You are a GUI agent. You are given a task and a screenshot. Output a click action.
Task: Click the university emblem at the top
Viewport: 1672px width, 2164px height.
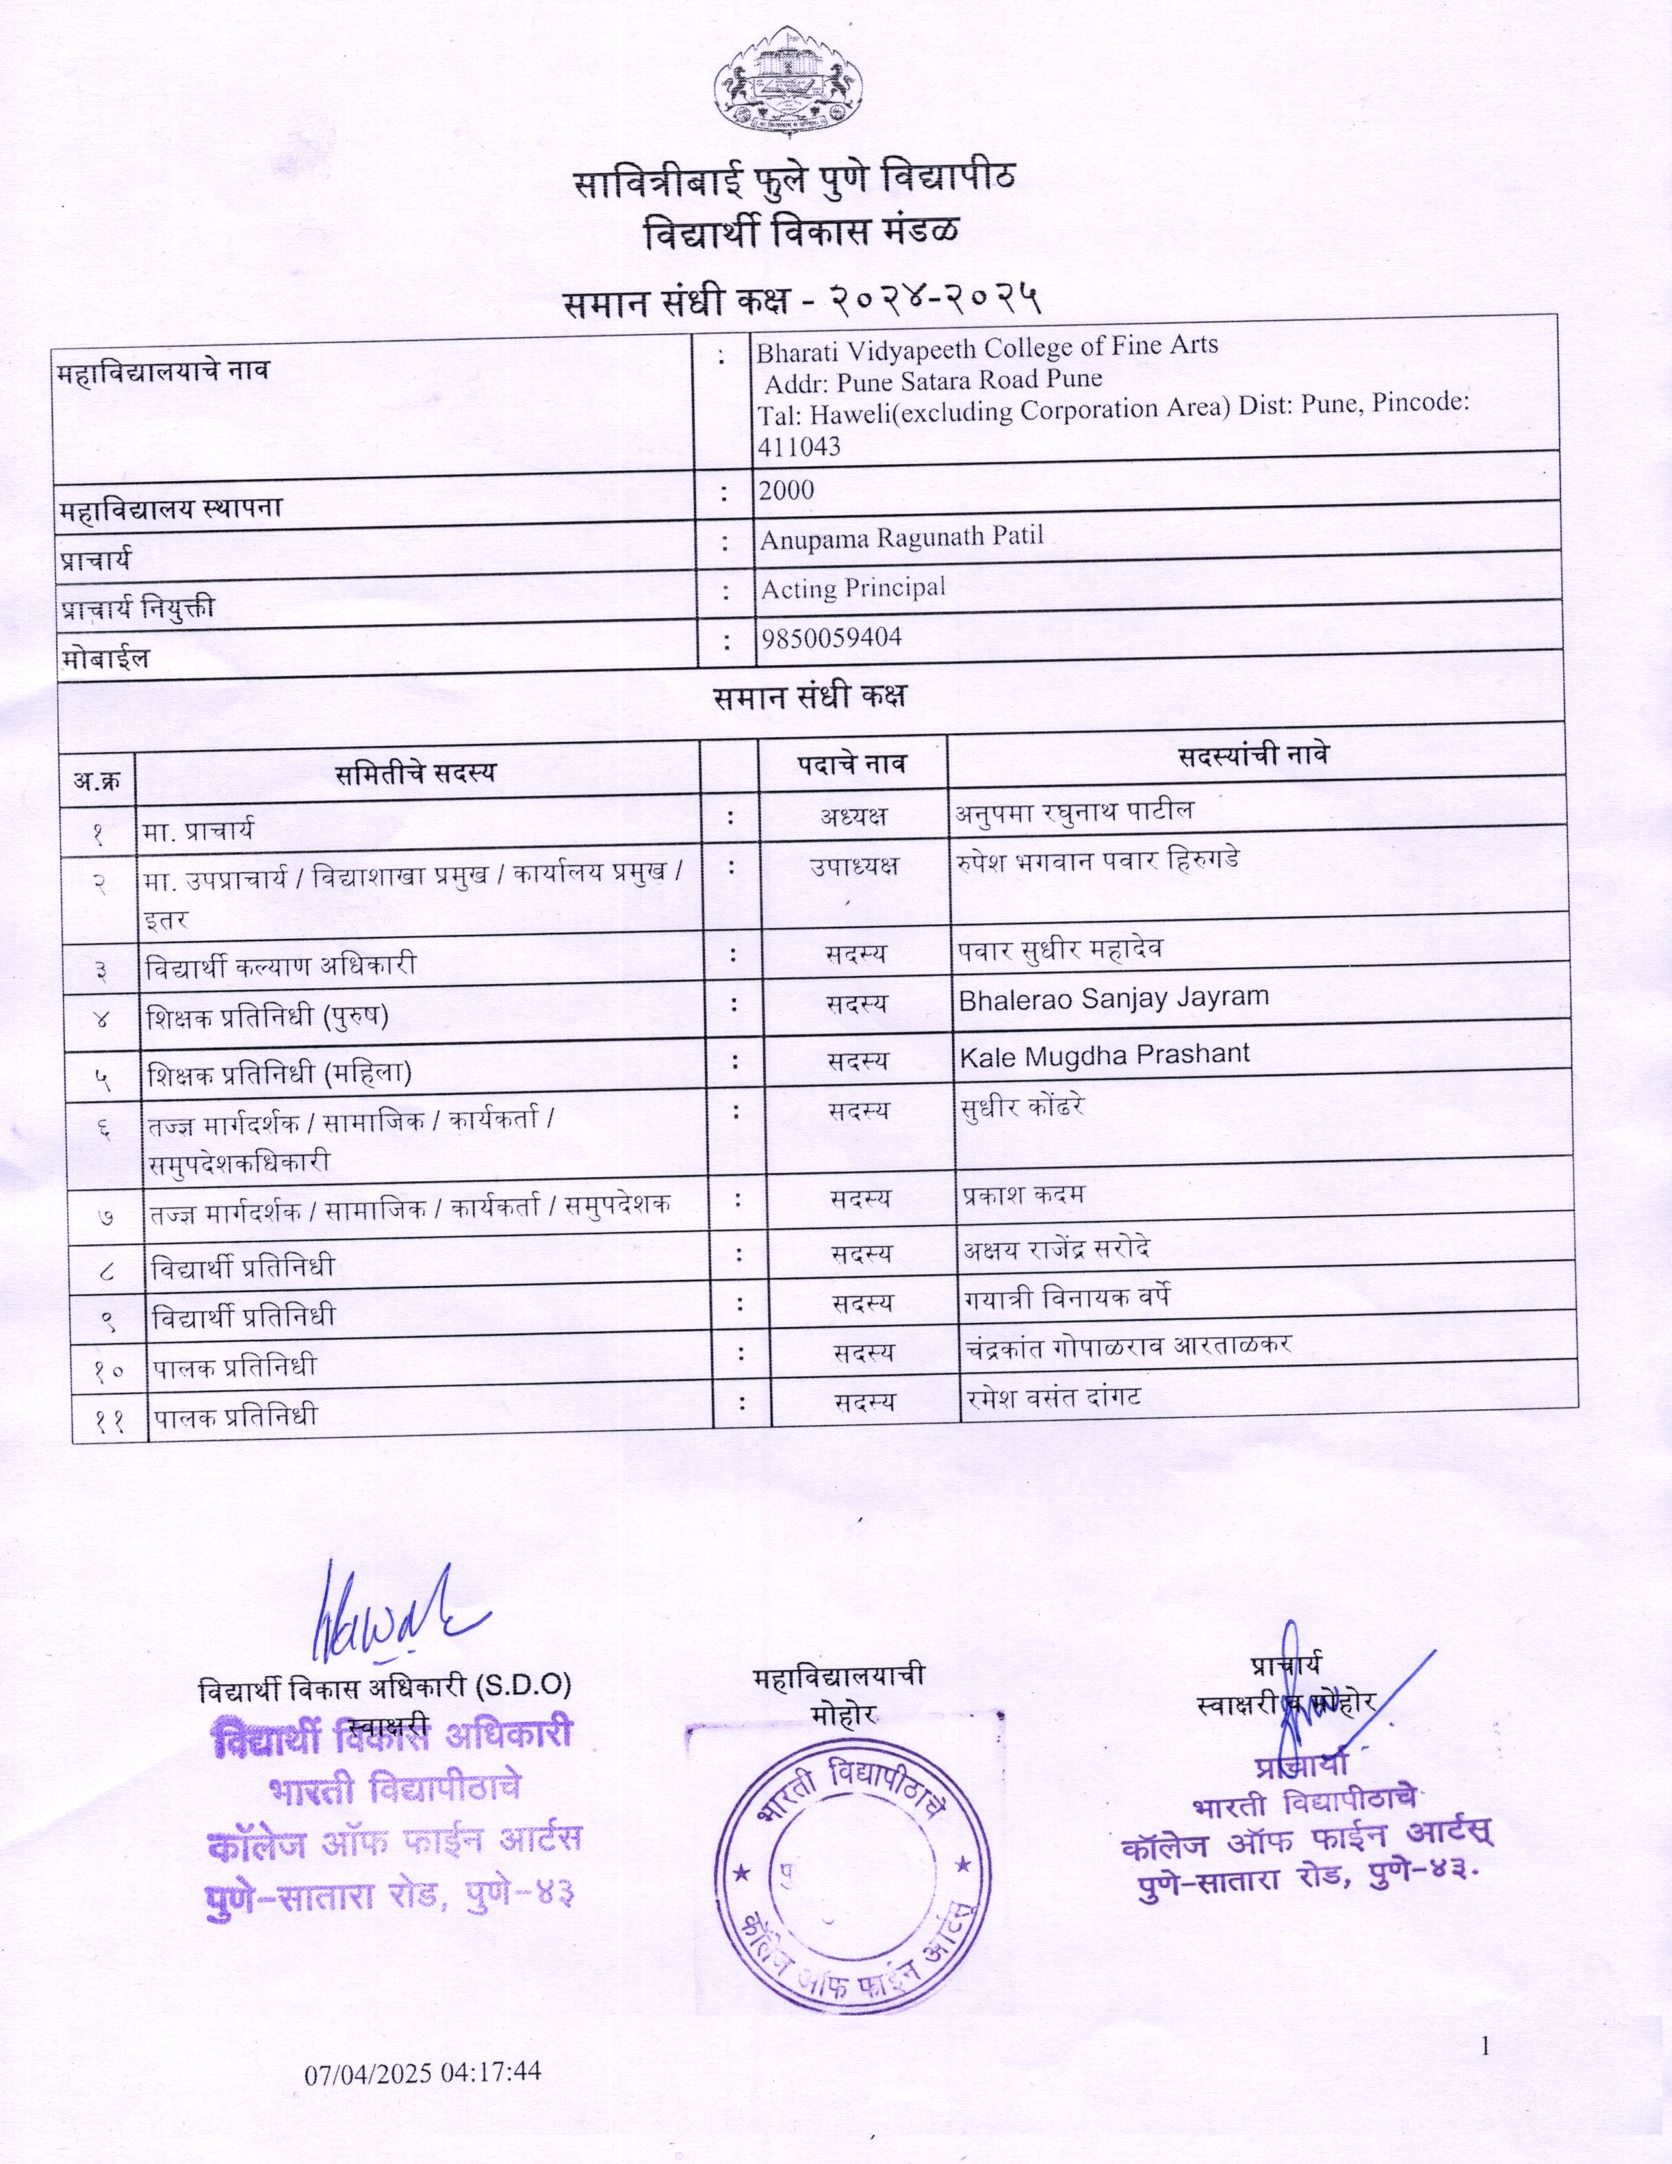pos(788,84)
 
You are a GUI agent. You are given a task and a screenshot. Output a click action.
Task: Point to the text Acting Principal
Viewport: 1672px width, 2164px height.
pos(852,588)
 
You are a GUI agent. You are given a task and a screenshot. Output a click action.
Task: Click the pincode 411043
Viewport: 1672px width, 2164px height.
pos(799,447)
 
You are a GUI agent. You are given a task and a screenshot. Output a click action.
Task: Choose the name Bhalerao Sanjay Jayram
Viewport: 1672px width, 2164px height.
pos(1113,998)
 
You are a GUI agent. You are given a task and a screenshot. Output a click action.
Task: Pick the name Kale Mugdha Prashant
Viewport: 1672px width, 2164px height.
pos(1104,1054)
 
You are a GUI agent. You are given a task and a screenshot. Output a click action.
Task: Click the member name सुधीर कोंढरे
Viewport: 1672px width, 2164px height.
pos(1022,1107)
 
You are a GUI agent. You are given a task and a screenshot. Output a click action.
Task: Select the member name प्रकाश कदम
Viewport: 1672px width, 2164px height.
pos(1023,1195)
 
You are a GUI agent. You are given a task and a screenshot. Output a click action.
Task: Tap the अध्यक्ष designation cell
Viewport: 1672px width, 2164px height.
pos(852,816)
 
